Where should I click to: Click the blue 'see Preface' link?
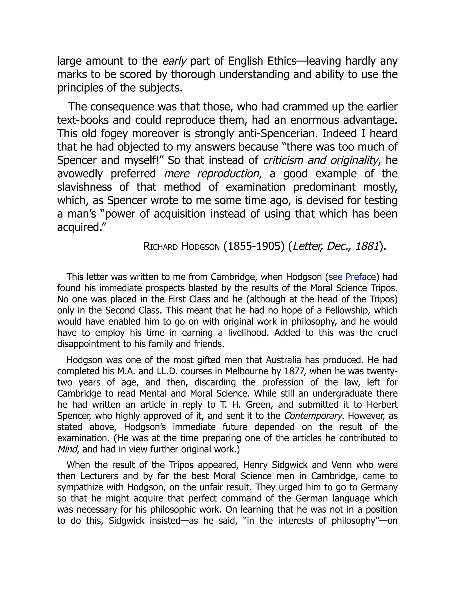352,277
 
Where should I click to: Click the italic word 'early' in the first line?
174,61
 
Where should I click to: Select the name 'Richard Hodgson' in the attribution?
182,246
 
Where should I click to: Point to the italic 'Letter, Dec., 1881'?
336,246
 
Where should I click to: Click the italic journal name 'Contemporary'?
313,416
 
